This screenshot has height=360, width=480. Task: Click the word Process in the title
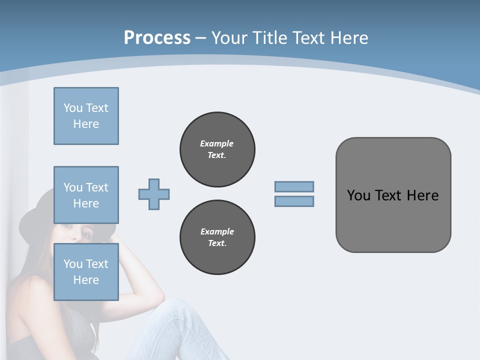pyautogui.click(x=157, y=38)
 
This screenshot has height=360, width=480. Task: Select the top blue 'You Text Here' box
pyautogui.click(x=86, y=116)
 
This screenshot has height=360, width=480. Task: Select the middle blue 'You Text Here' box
pyautogui.click(x=86, y=195)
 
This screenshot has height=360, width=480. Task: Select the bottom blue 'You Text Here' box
pyautogui.click(x=86, y=271)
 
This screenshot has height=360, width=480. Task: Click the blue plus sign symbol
pyautogui.click(x=154, y=194)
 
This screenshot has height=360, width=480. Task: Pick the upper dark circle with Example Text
pyautogui.click(x=217, y=149)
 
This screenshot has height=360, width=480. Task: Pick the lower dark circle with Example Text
pyautogui.click(x=217, y=237)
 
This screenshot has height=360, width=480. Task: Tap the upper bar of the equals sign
pyautogui.click(x=294, y=186)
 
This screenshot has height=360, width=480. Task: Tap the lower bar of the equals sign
pyautogui.click(x=294, y=201)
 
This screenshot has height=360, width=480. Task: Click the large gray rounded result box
pyautogui.click(x=393, y=220)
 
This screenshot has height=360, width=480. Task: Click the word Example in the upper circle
pyautogui.click(x=216, y=143)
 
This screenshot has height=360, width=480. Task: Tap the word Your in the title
pyautogui.click(x=228, y=38)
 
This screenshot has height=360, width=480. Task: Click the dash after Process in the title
pyautogui.click(x=200, y=38)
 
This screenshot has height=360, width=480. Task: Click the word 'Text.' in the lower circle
pyautogui.click(x=217, y=243)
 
